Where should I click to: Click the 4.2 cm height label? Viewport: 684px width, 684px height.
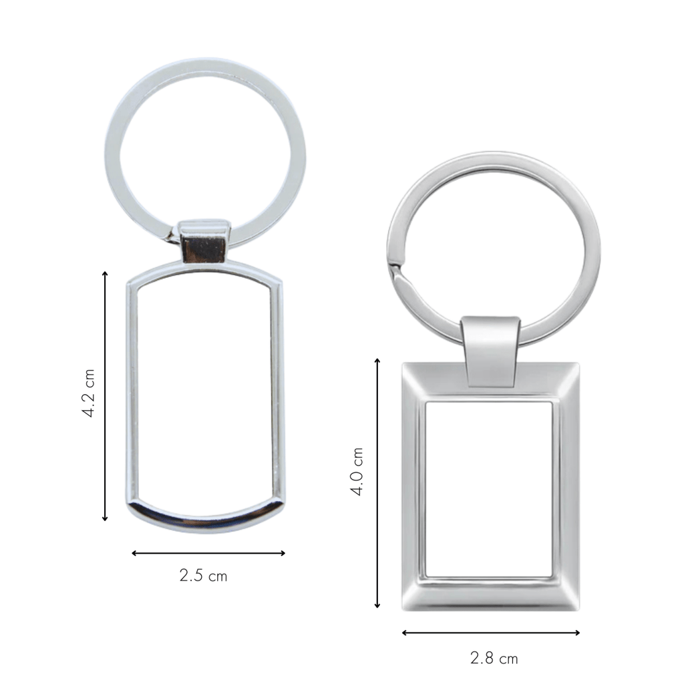(89, 393)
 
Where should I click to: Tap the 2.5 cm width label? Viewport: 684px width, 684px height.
(203, 576)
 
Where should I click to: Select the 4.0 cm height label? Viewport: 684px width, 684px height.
(357, 471)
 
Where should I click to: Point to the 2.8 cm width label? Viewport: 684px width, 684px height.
(494, 658)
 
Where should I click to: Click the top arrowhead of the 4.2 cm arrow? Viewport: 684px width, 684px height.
(105, 273)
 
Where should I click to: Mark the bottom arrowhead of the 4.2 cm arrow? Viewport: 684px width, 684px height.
(105, 518)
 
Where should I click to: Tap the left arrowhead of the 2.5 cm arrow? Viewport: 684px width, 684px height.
(134, 553)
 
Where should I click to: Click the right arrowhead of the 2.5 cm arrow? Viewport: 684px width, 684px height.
(283, 553)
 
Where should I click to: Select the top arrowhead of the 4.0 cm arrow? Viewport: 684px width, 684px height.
(377, 361)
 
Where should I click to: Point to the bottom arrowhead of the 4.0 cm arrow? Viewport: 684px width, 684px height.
(377, 605)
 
